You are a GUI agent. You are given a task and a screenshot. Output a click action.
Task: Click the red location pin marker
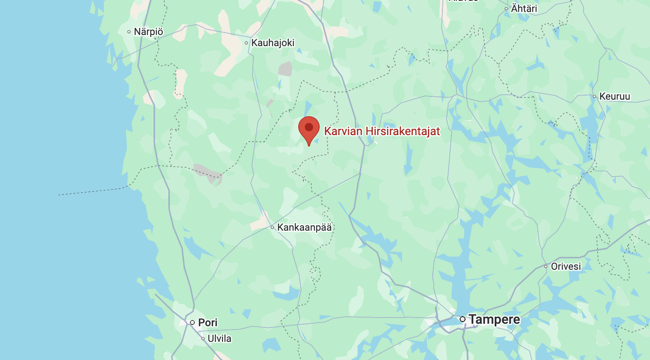pos(309,129)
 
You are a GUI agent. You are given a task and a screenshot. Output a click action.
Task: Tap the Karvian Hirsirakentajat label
pos(382,131)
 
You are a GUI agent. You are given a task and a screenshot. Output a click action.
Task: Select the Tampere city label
pos(494,319)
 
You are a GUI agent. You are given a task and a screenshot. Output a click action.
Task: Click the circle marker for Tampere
pos(463,319)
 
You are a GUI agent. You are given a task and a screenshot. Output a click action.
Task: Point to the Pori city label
pos(208,323)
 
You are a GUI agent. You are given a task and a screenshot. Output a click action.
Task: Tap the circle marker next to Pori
pos(192,323)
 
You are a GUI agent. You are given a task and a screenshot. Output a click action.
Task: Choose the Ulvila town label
pos(219,339)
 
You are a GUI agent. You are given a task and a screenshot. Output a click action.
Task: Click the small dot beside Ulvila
pos(203,339)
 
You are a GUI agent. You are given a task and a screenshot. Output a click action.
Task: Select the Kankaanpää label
pos(304,227)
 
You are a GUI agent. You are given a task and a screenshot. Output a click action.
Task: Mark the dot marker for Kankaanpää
pos(272,227)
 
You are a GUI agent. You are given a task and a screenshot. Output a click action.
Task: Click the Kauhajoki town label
pos(273,43)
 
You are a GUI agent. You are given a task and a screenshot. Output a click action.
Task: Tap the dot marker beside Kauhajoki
pos(246,43)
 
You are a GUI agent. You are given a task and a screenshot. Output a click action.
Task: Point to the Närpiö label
pos(148,32)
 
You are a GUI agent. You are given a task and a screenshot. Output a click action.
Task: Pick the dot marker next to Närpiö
pos(129,32)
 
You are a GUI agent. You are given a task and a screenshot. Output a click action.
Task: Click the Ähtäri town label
pos(524,8)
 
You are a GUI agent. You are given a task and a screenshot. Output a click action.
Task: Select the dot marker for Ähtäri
pos(506,9)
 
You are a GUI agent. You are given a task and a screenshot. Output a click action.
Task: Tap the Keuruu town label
pos(615,96)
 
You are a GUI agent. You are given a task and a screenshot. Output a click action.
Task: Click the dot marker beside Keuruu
pos(594,96)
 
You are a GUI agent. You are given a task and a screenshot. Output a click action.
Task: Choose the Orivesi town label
pos(566,266)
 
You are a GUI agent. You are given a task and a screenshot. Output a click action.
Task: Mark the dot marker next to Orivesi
pos(546,266)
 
